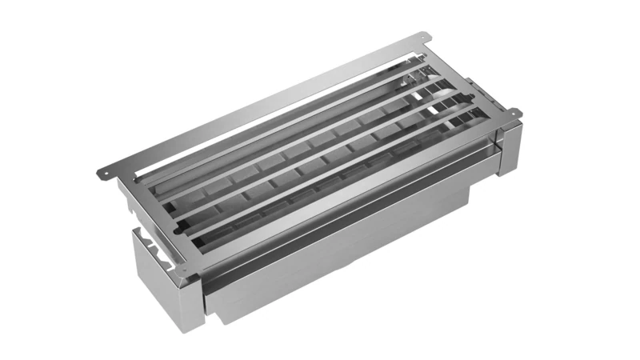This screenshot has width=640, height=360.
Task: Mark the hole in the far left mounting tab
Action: coord(103,173)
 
